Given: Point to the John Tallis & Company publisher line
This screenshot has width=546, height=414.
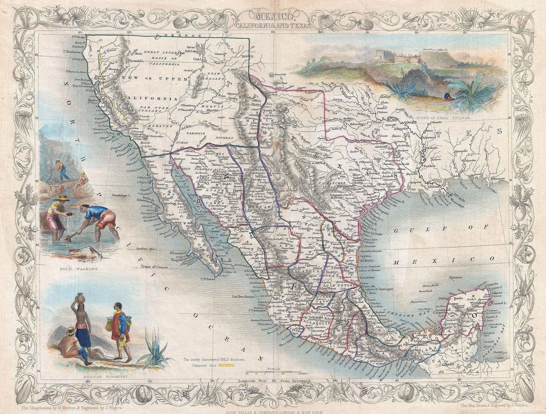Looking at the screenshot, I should tap(273, 411).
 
